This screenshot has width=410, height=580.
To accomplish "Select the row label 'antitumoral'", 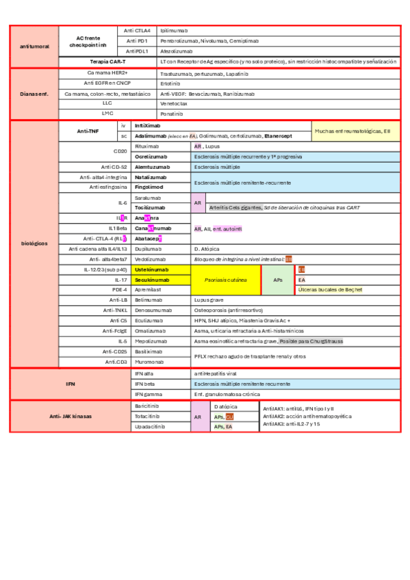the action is pyautogui.click(x=34, y=46).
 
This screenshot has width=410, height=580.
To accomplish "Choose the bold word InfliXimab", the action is pyautogui.click(x=148, y=127).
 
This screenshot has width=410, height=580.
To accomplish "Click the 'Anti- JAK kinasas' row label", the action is pyautogui.click(x=69, y=416).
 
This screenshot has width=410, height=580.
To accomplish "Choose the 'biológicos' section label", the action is pyautogui.click(x=34, y=243).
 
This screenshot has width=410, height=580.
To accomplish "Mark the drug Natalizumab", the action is pyautogui.click(x=150, y=177).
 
